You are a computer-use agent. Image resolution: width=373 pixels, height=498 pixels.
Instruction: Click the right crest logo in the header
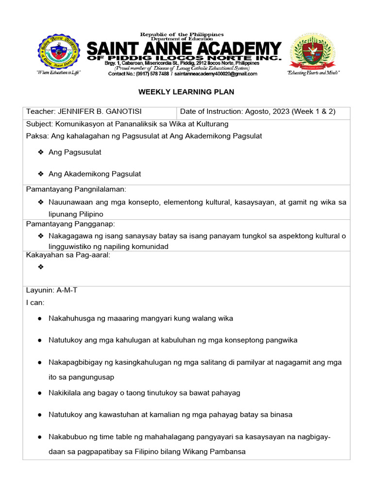click(x=313, y=51)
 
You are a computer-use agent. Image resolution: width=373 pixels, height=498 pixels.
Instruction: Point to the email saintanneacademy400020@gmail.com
click(x=216, y=74)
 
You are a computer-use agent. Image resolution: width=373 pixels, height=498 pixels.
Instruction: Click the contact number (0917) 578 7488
click(x=153, y=74)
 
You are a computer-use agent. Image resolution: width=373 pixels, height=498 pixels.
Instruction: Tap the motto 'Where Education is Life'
click(x=58, y=72)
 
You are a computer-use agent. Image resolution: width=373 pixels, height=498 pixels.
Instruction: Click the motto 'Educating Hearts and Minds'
click(x=313, y=72)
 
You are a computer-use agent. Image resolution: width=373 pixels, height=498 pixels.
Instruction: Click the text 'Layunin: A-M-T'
click(x=51, y=290)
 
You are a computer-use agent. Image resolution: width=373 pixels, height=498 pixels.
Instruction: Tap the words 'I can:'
click(x=35, y=302)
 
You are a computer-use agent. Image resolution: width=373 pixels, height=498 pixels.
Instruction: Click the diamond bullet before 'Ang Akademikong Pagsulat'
click(x=41, y=174)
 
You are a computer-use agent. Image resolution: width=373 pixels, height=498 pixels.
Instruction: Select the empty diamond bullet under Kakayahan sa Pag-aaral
click(x=41, y=267)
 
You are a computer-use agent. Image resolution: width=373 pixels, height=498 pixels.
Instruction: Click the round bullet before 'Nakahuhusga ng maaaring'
click(x=39, y=319)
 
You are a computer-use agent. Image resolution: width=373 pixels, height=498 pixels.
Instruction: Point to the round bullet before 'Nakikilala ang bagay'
click(x=39, y=392)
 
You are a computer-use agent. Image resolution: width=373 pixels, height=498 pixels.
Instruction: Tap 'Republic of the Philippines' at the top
click(x=182, y=35)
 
